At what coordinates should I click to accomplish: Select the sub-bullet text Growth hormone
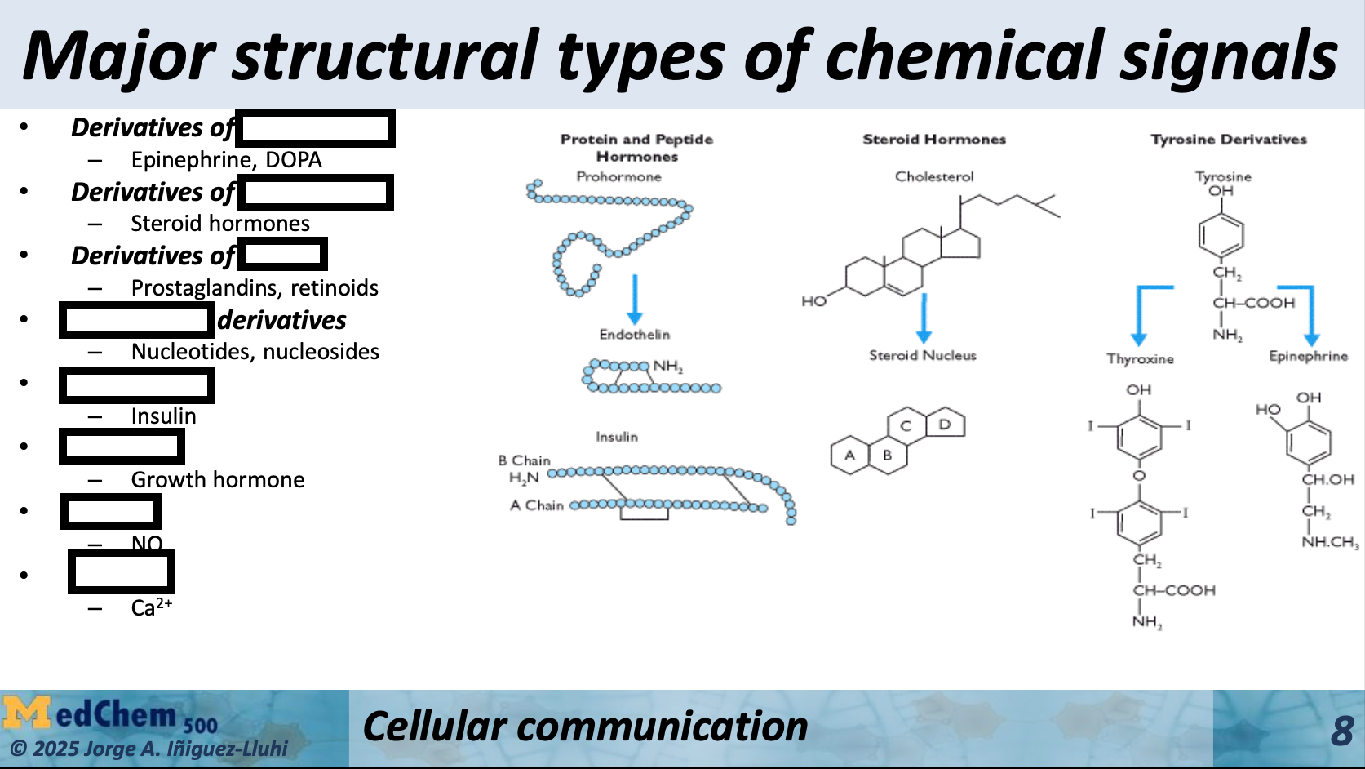(218, 480)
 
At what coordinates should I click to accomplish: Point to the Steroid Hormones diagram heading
(934, 140)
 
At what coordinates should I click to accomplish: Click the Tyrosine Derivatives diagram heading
(1228, 140)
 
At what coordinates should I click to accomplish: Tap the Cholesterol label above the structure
(934, 176)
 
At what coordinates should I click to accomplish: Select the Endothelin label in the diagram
(634, 335)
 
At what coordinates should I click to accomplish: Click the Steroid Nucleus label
(922, 355)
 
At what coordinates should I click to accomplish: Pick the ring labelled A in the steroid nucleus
(849, 456)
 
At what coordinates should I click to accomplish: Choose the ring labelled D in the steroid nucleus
(945, 425)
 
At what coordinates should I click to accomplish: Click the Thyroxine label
(1140, 359)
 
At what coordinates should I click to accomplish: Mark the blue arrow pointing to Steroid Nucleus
(924, 318)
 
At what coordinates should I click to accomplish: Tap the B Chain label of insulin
(524, 460)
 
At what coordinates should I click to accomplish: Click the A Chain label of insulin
(536, 505)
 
